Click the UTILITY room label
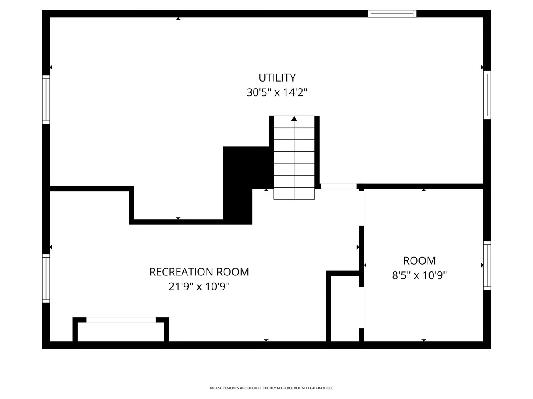[277, 78]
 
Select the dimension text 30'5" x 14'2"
[277, 92]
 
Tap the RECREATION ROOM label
[199, 272]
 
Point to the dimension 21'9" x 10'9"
[199, 287]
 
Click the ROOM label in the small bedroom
[419, 261]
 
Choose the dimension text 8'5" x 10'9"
[419, 275]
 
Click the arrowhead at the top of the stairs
[294, 119]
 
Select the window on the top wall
[392, 14]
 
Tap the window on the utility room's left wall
[46, 100]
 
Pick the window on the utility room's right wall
[487, 95]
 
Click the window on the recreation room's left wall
[46, 278]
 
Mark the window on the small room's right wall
[487, 265]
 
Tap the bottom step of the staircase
[294, 193]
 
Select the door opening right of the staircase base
[339, 186]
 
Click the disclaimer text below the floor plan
[271, 388]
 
